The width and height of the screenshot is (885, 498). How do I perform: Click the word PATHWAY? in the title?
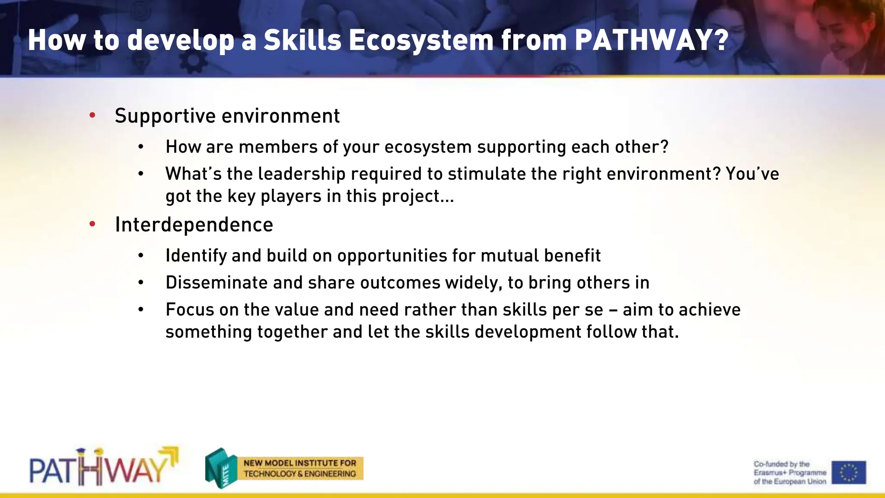coord(652,40)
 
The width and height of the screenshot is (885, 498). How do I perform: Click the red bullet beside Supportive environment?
coord(92,115)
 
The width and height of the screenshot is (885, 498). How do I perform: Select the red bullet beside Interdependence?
coord(92,224)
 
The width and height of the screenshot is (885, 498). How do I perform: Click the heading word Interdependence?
coord(194,225)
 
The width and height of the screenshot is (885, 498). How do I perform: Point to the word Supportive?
coord(165,116)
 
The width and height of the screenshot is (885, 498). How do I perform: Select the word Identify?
coord(196,256)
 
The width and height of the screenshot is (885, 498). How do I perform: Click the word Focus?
coord(190,310)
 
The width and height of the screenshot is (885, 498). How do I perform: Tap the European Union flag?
coord(849,472)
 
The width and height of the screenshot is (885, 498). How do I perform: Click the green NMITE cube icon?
coord(221,469)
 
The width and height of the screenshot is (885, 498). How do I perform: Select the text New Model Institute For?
coord(300,463)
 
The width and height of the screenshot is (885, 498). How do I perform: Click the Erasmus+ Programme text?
coord(790,472)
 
